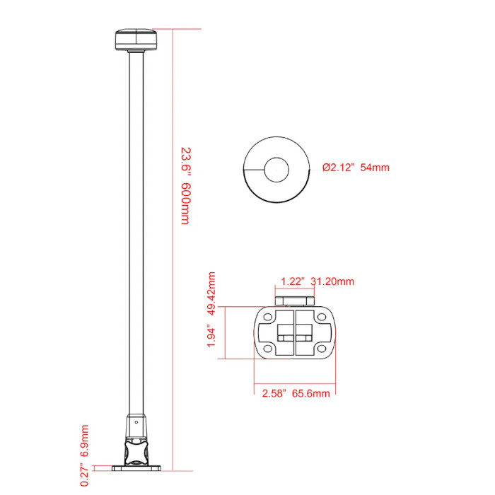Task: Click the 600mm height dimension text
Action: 185,203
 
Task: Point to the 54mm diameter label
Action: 375,168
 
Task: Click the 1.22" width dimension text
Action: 293,281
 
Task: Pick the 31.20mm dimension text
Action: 332,281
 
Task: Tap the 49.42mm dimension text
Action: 211,293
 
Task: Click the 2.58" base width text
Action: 274,393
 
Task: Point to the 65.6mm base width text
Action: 311,393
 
